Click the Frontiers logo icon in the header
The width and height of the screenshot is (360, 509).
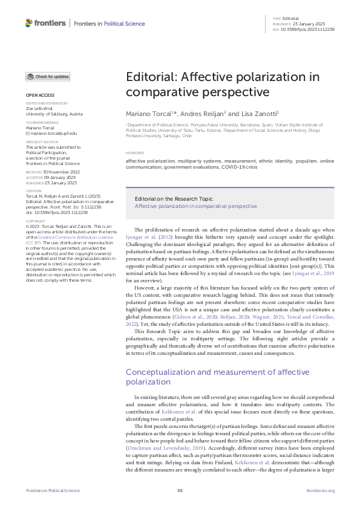click(x=30, y=23)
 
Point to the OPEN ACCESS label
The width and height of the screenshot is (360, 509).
click(x=39, y=96)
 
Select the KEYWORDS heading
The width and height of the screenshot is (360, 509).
click(x=135, y=153)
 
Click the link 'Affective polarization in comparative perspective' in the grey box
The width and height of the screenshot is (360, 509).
click(x=195, y=206)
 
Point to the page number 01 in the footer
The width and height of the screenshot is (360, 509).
click(x=180, y=490)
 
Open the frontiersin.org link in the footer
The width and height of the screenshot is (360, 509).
click(x=320, y=490)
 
